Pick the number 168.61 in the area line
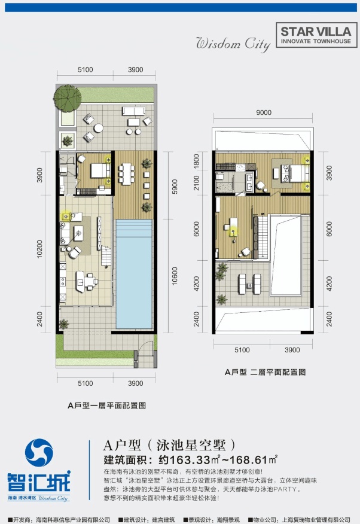click(x=248, y=460)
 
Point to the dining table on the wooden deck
click(x=126, y=174)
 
